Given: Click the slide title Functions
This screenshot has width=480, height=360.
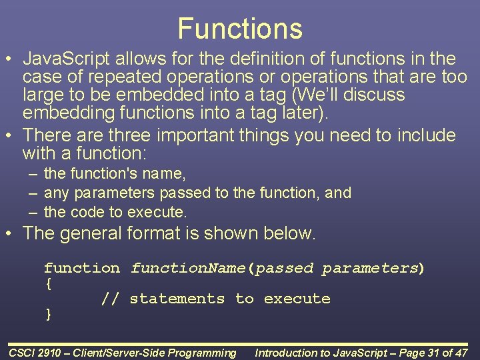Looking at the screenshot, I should coord(240,29).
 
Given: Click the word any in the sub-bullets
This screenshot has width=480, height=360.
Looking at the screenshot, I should coord(57,193).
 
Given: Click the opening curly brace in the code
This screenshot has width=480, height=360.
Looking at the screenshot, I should coord(48,284).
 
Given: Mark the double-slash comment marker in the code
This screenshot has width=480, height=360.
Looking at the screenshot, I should coord(110,299).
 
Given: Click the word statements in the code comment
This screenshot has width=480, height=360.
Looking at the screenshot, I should coord(177,299).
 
